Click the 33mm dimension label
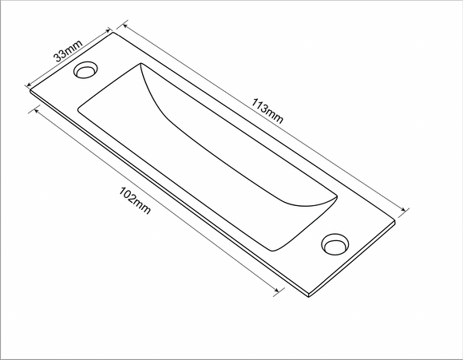67,54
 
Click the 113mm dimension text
267,110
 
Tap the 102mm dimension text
134,201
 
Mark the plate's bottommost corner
308,296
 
